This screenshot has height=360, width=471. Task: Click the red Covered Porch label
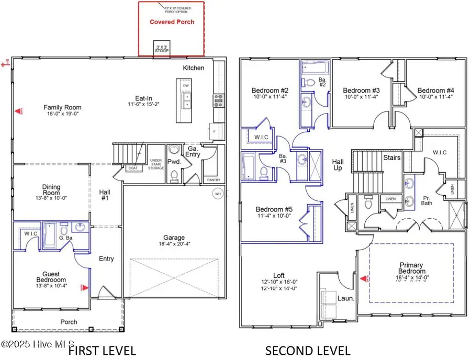tap(172, 22)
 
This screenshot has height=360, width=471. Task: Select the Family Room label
tap(62, 107)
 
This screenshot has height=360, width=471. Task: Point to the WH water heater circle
tap(217, 194)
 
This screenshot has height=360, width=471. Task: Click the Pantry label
tap(214, 180)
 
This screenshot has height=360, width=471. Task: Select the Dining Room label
tap(51, 187)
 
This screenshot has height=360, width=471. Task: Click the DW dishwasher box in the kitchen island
tap(186, 85)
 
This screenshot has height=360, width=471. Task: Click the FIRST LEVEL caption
tap(103, 350)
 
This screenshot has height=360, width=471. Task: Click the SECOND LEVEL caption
tap(308, 350)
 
